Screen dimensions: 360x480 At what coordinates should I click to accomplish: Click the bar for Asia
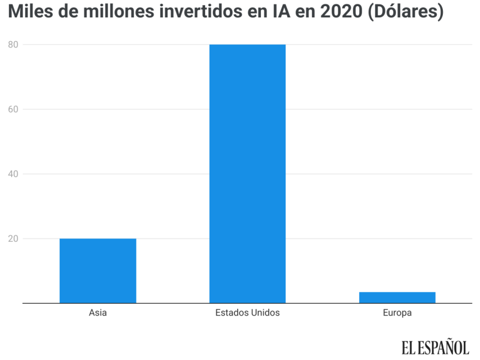tap(98, 271)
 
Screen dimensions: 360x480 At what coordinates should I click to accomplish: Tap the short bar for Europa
tap(397, 298)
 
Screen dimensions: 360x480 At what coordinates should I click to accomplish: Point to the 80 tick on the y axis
tap(12, 44)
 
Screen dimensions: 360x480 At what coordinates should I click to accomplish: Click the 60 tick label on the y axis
tap(12, 109)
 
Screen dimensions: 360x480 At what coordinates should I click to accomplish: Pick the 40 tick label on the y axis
tap(12, 174)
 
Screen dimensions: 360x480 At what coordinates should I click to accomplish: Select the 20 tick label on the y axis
tap(12, 238)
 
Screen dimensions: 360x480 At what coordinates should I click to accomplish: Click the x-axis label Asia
tap(98, 313)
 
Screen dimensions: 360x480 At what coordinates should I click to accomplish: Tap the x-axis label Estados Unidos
tap(247, 313)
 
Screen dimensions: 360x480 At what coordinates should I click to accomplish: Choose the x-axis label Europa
tap(397, 313)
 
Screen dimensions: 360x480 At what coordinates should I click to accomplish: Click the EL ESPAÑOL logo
tap(435, 347)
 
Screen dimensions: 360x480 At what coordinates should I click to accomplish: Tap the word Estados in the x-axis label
tap(231, 313)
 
